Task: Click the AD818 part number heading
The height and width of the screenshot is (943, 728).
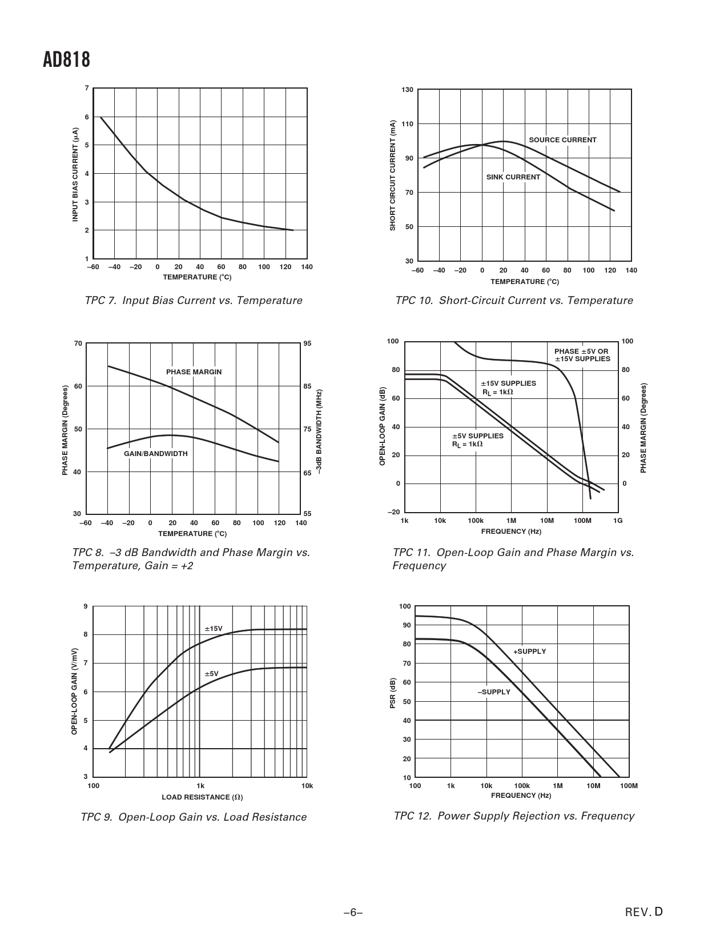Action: [66, 59]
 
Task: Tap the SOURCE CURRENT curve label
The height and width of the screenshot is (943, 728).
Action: [562, 140]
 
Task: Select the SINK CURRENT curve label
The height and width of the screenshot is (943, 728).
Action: [513, 177]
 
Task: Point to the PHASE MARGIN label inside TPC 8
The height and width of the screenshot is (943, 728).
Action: [194, 372]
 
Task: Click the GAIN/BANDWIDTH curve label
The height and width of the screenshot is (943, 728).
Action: [156, 454]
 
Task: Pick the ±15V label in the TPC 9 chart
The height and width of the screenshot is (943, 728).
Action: [214, 629]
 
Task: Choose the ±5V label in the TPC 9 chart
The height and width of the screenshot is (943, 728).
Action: [211, 674]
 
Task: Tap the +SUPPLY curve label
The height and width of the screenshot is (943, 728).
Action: [529, 652]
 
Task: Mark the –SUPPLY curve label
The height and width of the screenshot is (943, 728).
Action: [494, 692]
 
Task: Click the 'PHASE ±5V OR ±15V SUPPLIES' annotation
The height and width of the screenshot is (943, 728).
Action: [582, 355]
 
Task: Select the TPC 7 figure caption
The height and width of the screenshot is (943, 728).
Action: [194, 301]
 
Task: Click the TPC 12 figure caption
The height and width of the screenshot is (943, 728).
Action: [514, 816]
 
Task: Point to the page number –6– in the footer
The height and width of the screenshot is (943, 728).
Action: [353, 913]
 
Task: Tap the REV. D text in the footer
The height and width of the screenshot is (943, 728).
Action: [644, 912]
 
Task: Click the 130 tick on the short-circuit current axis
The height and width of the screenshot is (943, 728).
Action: [407, 90]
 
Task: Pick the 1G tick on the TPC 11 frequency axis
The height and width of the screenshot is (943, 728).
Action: [618, 521]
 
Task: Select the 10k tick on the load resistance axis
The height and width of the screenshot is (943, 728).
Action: [307, 786]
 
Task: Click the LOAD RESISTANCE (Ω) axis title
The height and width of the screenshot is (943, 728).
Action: [198, 797]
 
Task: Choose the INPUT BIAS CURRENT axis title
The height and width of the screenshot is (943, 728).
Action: [75, 174]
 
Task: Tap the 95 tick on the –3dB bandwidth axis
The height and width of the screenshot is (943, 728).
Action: [308, 343]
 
